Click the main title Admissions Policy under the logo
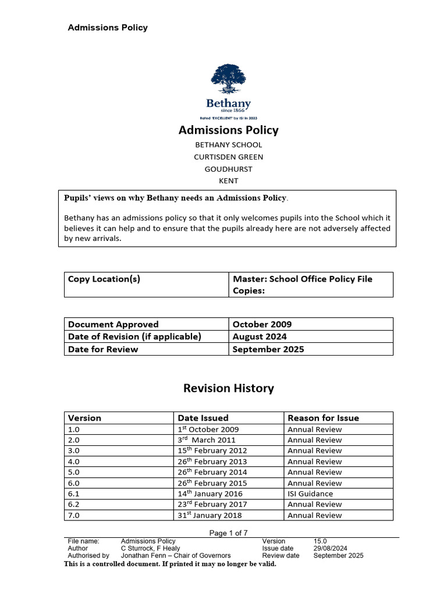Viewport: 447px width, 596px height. click(x=228, y=130)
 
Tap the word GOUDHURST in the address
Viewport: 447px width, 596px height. click(x=228, y=169)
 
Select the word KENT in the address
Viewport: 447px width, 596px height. click(x=228, y=181)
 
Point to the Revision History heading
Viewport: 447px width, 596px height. click(x=228, y=388)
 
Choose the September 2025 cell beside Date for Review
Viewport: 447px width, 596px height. click(x=268, y=349)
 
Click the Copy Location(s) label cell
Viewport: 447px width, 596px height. click(x=104, y=279)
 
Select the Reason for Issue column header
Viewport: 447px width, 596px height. click(x=323, y=418)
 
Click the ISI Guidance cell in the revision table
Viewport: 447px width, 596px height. click(x=310, y=494)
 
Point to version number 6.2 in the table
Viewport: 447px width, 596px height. click(x=74, y=504)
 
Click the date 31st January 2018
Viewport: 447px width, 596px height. click(x=210, y=515)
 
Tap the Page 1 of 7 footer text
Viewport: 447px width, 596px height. click(x=228, y=533)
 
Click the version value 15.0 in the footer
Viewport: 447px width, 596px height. click(x=321, y=541)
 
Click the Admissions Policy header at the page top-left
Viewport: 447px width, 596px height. click(x=108, y=27)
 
